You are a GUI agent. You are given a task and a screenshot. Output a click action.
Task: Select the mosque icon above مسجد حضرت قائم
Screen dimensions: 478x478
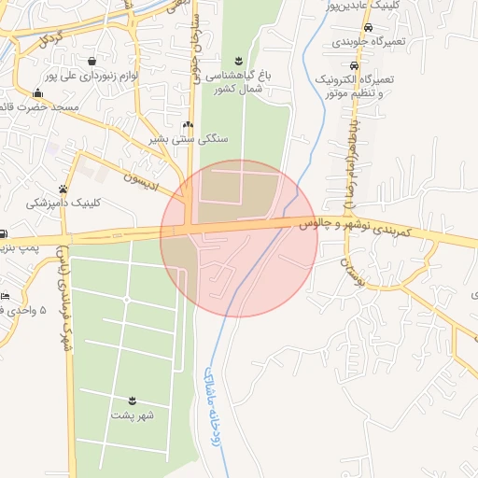tap(37, 93)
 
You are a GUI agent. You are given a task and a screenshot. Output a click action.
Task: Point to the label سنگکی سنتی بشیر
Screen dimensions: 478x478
tap(188, 139)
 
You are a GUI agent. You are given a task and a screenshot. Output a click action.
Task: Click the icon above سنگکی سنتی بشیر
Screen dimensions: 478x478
tap(188, 125)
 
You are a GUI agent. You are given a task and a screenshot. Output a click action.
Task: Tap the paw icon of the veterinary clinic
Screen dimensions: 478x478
tap(63, 189)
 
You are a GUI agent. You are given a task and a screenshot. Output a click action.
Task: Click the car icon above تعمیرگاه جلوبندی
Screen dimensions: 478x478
tap(353, 28)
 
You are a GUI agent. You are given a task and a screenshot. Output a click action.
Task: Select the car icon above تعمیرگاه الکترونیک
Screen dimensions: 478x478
tap(353, 66)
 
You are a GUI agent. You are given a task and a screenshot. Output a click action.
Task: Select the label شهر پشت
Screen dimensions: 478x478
tap(132, 415)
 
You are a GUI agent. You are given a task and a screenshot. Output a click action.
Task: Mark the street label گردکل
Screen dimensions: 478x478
tap(51, 40)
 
